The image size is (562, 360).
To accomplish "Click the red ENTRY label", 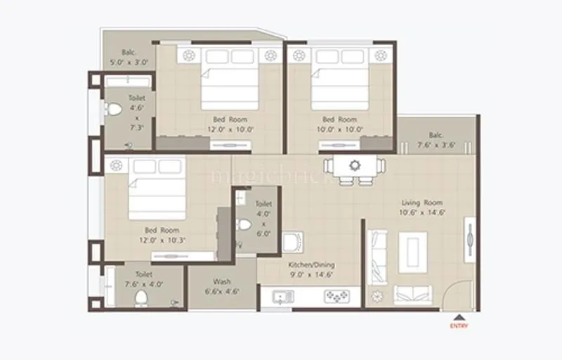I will pos(459,326).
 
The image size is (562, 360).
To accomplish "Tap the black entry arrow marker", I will pos(459,317).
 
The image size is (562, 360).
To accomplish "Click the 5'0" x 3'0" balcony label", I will pos(129,57).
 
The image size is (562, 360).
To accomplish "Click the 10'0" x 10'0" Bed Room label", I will pos(339,124).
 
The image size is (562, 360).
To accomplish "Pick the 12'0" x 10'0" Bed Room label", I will pos(230,124).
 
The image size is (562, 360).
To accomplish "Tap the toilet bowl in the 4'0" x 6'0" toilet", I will pos(244,225).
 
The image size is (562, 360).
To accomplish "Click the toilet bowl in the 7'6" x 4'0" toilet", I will pos(140,298).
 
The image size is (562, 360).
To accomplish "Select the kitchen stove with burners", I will pos(336,297).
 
